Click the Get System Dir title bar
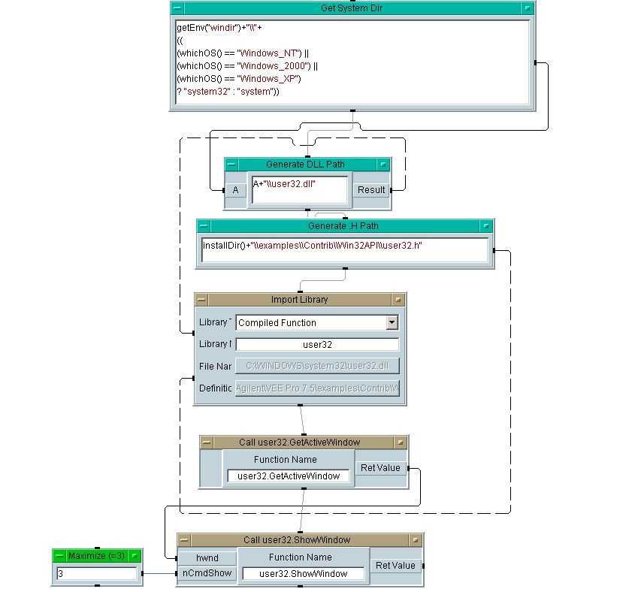pyautogui.click(x=352, y=8)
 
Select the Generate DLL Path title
pyautogui.click(x=306, y=165)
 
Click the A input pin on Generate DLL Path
pyautogui.click(x=235, y=190)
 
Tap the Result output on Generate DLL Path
pyautogui.click(x=371, y=190)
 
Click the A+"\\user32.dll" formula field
pyautogui.click(x=299, y=189)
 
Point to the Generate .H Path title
pyautogui.click(x=343, y=226)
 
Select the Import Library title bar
pyautogui.click(x=299, y=300)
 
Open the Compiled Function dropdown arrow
pyautogui.click(x=392, y=323)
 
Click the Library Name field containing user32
pyautogui.click(x=316, y=345)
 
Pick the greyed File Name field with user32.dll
pyautogui.click(x=316, y=366)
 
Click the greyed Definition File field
pyautogui.click(x=316, y=388)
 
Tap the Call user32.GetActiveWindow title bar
pyautogui.click(x=299, y=442)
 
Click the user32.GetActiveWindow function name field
pyautogui.click(x=288, y=476)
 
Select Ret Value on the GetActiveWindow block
pyautogui.click(x=380, y=468)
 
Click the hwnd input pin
pyautogui.click(x=207, y=558)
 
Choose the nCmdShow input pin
pyautogui.click(x=207, y=573)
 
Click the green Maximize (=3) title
pyautogui.click(x=96, y=556)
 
